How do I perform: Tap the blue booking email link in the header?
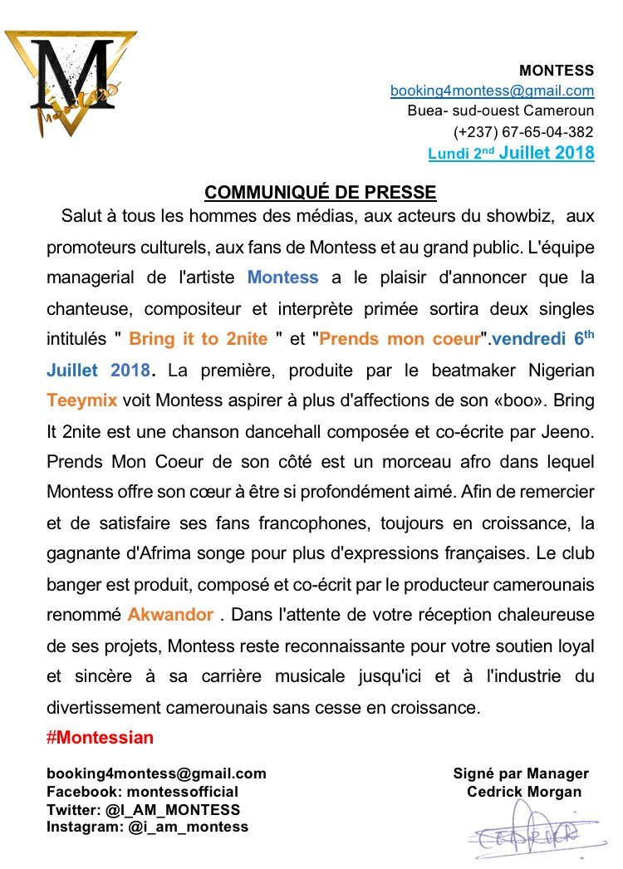493,91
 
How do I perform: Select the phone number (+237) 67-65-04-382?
523,131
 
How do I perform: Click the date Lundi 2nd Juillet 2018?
511,153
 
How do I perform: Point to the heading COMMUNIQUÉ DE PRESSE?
321,193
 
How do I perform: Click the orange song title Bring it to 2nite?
199,339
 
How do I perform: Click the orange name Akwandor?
170,616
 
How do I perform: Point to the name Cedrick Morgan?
524,792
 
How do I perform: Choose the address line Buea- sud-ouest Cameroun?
501,110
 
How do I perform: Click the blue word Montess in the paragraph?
283,277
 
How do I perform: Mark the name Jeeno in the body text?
571,431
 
